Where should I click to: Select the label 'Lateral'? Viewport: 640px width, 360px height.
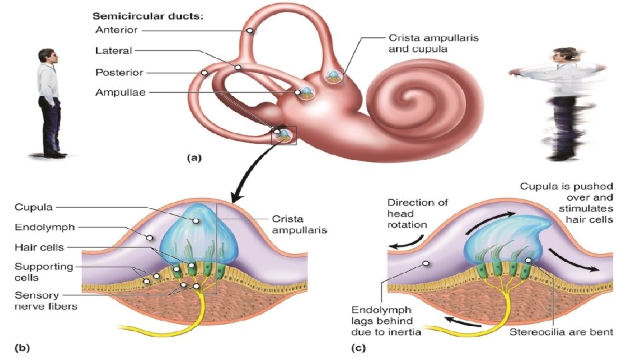coord(113,51)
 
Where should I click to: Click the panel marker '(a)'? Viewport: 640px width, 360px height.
coord(193,158)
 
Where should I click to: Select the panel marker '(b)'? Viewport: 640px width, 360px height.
coord(22,347)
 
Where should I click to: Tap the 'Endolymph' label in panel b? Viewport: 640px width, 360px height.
coord(44,227)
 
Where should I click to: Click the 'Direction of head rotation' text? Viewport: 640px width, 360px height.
coord(417,213)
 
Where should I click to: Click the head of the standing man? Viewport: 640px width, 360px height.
coord(47,58)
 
